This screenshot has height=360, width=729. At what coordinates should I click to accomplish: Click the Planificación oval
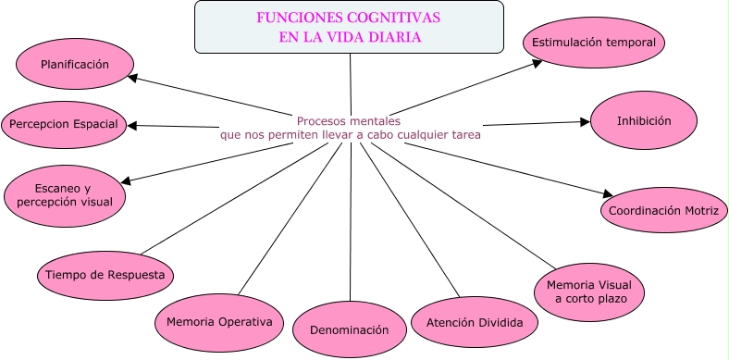tap(75, 65)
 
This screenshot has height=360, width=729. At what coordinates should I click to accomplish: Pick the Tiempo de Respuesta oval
tap(105, 275)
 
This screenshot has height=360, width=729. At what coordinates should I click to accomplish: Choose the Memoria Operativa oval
tap(218, 322)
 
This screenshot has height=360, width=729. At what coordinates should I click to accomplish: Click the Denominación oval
tap(350, 329)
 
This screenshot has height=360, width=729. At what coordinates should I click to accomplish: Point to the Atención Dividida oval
tap(468, 323)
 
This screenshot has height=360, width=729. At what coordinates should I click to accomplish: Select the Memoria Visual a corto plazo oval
tap(588, 291)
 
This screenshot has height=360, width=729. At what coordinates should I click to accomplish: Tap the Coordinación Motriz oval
tap(662, 211)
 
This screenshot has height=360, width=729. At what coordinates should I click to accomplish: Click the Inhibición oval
tap(644, 120)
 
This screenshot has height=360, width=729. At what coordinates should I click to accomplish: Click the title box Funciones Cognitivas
tap(350, 27)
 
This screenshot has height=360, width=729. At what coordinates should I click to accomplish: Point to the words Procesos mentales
tap(349, 120)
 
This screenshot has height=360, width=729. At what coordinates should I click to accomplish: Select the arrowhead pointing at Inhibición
tap(586, 120)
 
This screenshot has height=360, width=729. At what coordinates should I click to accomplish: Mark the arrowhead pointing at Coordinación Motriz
tap(607, 194)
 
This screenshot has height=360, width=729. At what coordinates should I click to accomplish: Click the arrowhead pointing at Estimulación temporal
tap(541, 63)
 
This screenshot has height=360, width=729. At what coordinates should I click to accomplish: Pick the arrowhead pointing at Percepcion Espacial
tap(133, 124)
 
